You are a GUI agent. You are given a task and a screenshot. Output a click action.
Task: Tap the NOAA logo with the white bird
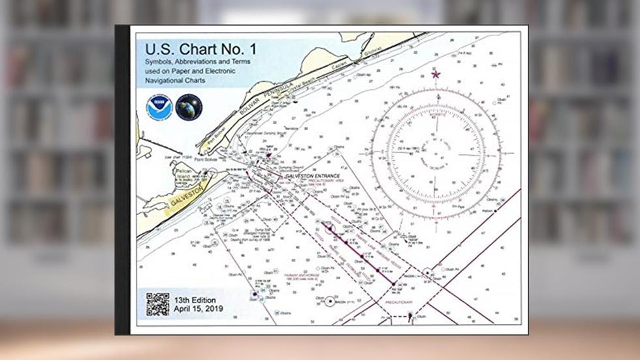pyautogui.click(x=159, y=107)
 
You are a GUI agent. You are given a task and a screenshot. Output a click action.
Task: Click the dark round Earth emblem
pyautogui.click(x=189, y=107)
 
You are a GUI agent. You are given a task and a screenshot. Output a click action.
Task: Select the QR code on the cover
pyautogui.click(x=157, y=304)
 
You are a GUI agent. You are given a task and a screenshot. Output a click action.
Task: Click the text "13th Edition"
pyautogui.click(x=195, y=299)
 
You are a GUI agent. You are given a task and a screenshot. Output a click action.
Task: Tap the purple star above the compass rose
pyautogui.click(x=436, y=74)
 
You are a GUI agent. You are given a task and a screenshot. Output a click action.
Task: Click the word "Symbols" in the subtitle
pyautogui.click(x=156, y=62)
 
